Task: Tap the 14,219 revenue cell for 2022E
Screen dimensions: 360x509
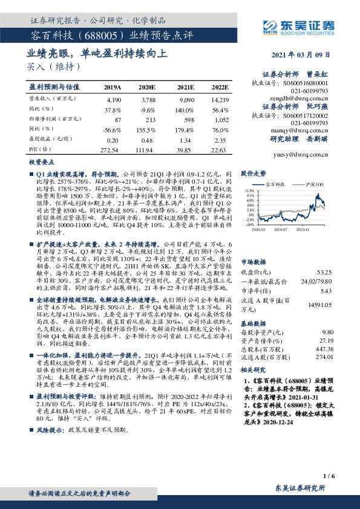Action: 220,99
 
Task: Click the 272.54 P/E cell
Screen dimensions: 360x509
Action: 113,149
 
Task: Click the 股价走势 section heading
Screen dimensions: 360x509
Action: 253,173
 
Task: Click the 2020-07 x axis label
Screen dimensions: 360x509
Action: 280,230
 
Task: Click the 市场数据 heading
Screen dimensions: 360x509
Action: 253,245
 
